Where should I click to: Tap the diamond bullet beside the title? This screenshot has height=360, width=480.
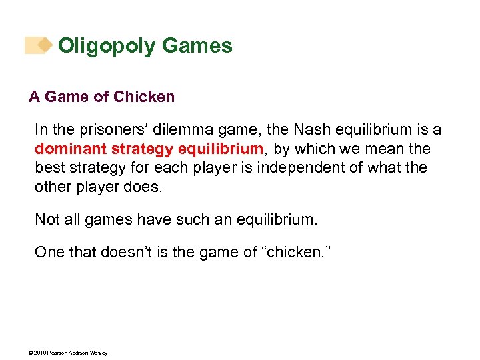pos(44,45)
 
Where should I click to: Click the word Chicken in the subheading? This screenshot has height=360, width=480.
pos(144,97)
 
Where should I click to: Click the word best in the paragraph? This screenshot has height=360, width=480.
pos(49,167)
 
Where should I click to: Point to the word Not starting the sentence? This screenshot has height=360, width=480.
pos(47,219)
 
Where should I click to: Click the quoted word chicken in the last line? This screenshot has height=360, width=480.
pos(285,252)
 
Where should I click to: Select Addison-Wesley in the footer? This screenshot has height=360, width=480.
pos(89,352)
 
